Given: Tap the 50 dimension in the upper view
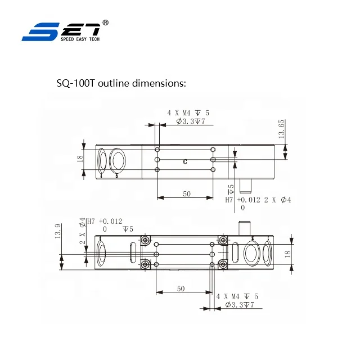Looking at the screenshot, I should [x=187, y=193].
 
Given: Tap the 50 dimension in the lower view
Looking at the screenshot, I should [x=181, y=288].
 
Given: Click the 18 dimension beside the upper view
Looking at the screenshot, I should [x=80, y=159].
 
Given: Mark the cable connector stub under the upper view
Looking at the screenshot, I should [x=245, y=185].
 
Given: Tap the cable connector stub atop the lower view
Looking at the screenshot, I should [x=244, y=228].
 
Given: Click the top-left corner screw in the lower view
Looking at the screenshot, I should [x=146, y=241].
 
